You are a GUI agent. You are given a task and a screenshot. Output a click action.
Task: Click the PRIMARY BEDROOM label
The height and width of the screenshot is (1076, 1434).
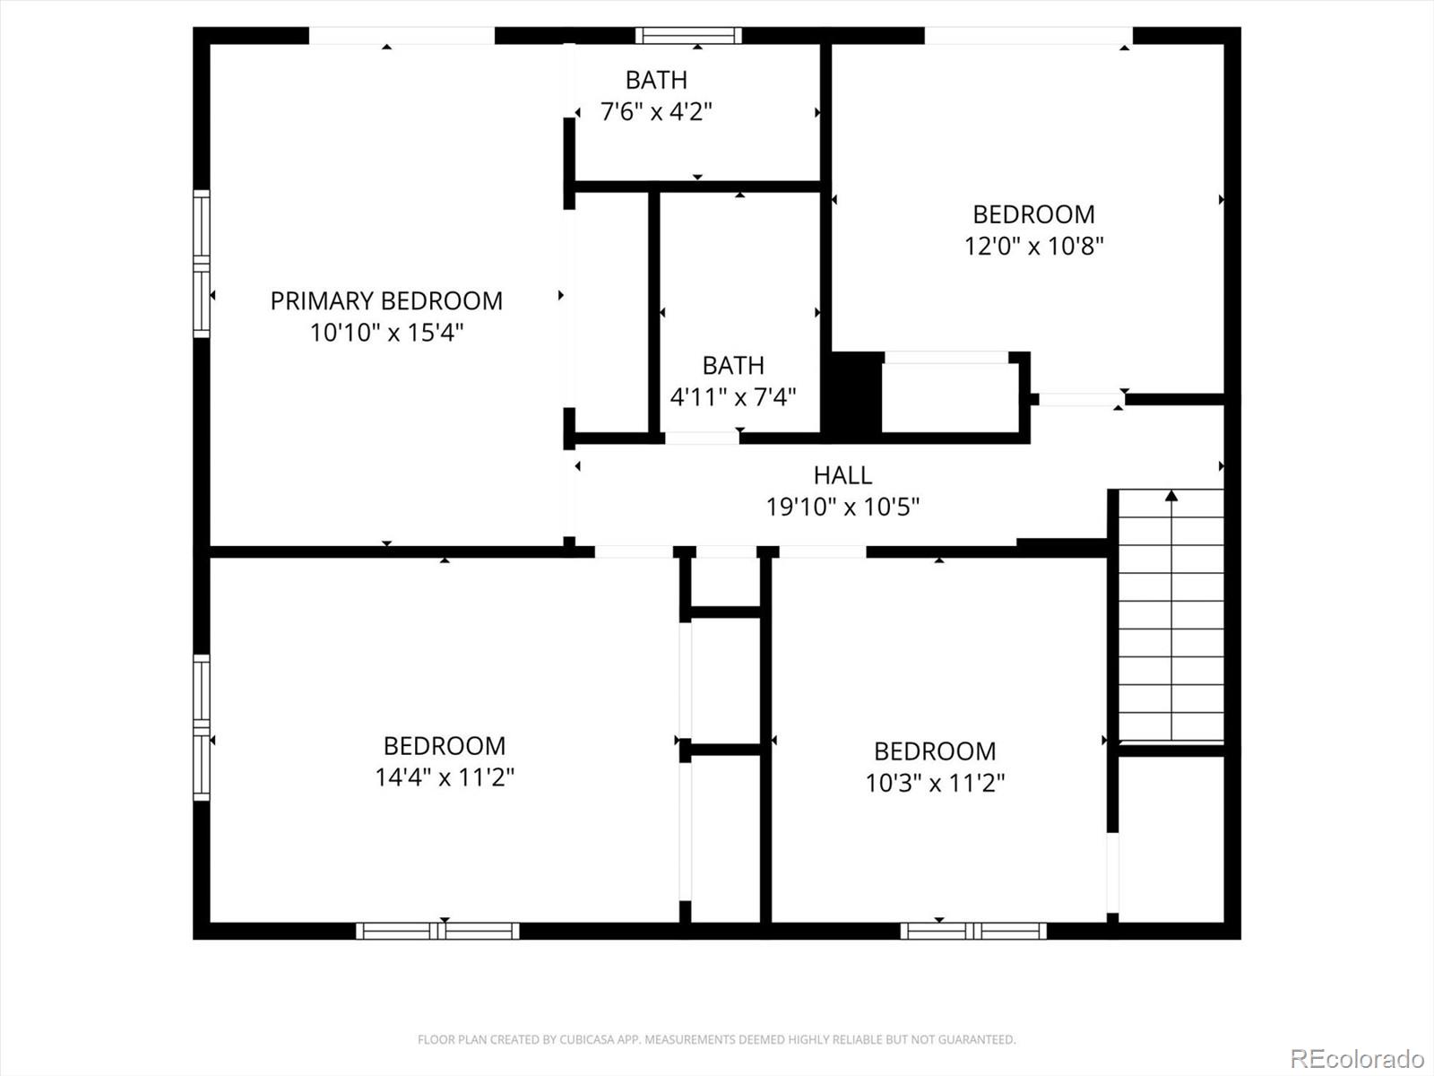387,301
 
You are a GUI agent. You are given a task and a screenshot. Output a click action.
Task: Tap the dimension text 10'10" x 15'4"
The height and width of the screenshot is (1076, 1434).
387,333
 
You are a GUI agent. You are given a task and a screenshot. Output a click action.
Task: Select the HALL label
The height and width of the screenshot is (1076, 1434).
842,475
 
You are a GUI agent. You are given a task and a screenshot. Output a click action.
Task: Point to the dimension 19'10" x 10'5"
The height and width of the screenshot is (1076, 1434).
842,507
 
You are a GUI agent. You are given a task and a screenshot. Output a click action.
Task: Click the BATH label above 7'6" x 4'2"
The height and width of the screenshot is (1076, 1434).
657,81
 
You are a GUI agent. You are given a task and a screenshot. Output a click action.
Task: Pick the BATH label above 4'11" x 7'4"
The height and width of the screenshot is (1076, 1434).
733,365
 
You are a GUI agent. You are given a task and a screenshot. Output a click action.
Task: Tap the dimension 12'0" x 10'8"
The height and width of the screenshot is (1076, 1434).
1034,247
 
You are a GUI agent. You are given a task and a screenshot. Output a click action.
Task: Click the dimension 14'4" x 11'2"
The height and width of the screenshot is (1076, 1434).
445,777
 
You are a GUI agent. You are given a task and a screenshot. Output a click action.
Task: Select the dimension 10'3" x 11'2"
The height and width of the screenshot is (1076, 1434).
936,783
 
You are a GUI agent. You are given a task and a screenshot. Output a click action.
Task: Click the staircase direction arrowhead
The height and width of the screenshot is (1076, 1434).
1171,496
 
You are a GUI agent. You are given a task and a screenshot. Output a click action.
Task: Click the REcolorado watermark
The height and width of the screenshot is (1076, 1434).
1358,1058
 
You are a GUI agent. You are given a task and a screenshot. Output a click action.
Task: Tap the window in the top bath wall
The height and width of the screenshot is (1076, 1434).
688,35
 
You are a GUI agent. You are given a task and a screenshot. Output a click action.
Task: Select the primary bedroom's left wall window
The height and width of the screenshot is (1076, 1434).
202,264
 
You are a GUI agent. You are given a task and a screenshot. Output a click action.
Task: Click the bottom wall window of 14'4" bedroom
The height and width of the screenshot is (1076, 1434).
437,931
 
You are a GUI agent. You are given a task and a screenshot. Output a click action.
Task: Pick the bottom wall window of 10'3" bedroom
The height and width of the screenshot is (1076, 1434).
973,931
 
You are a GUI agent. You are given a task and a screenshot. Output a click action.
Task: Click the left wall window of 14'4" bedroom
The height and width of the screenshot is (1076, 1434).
202,727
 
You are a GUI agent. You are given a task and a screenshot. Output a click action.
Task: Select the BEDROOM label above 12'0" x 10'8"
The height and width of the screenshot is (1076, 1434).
1034,214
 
